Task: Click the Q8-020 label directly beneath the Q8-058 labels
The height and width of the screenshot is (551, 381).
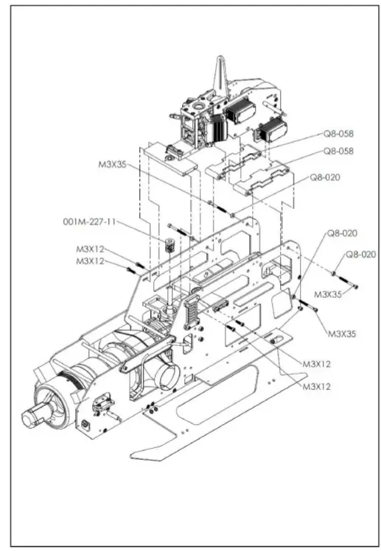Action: (324, 177)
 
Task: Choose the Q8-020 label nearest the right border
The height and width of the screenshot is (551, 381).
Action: (361, 255)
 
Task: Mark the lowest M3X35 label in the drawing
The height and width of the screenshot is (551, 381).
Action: (341, 333)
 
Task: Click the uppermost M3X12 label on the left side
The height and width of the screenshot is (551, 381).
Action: (91, 249)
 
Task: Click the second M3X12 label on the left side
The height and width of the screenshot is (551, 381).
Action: (91, 261)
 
